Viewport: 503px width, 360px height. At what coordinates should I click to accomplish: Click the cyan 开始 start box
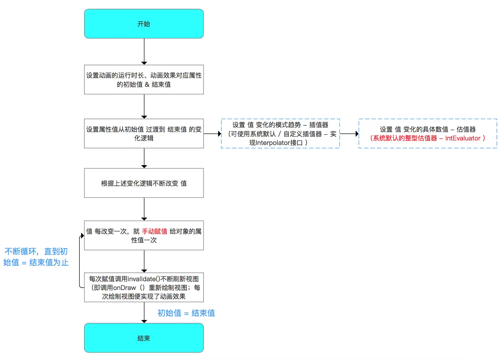click(144, 24)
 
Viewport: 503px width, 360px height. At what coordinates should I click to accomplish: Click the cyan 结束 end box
click(144, 338)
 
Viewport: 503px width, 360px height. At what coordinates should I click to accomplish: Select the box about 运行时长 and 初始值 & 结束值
click(144, 80)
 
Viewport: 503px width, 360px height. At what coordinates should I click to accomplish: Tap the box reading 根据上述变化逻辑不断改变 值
click(144, 183)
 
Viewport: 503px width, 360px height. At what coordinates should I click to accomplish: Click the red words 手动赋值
click(154, 231)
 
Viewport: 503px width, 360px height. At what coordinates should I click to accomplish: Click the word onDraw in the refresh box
click(124, 288)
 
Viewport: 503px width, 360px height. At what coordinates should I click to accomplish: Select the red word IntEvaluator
click(463, 138)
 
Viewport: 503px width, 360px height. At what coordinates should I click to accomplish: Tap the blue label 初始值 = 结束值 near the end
click(186, 313)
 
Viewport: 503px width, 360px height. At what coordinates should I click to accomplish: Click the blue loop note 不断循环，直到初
click(36, 252)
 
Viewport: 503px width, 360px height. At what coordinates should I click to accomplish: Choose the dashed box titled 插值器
click(280, 134)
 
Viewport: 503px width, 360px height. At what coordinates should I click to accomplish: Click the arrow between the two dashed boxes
click(349, 134)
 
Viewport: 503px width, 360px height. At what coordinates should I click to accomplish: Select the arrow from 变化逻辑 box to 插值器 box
click(212, 134)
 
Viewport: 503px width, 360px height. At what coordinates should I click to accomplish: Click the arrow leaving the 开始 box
click(144, 51)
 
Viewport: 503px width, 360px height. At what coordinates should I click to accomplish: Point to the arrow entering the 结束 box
click(144, 313)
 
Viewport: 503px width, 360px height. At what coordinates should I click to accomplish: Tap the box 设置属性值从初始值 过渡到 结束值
click(144, 134)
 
